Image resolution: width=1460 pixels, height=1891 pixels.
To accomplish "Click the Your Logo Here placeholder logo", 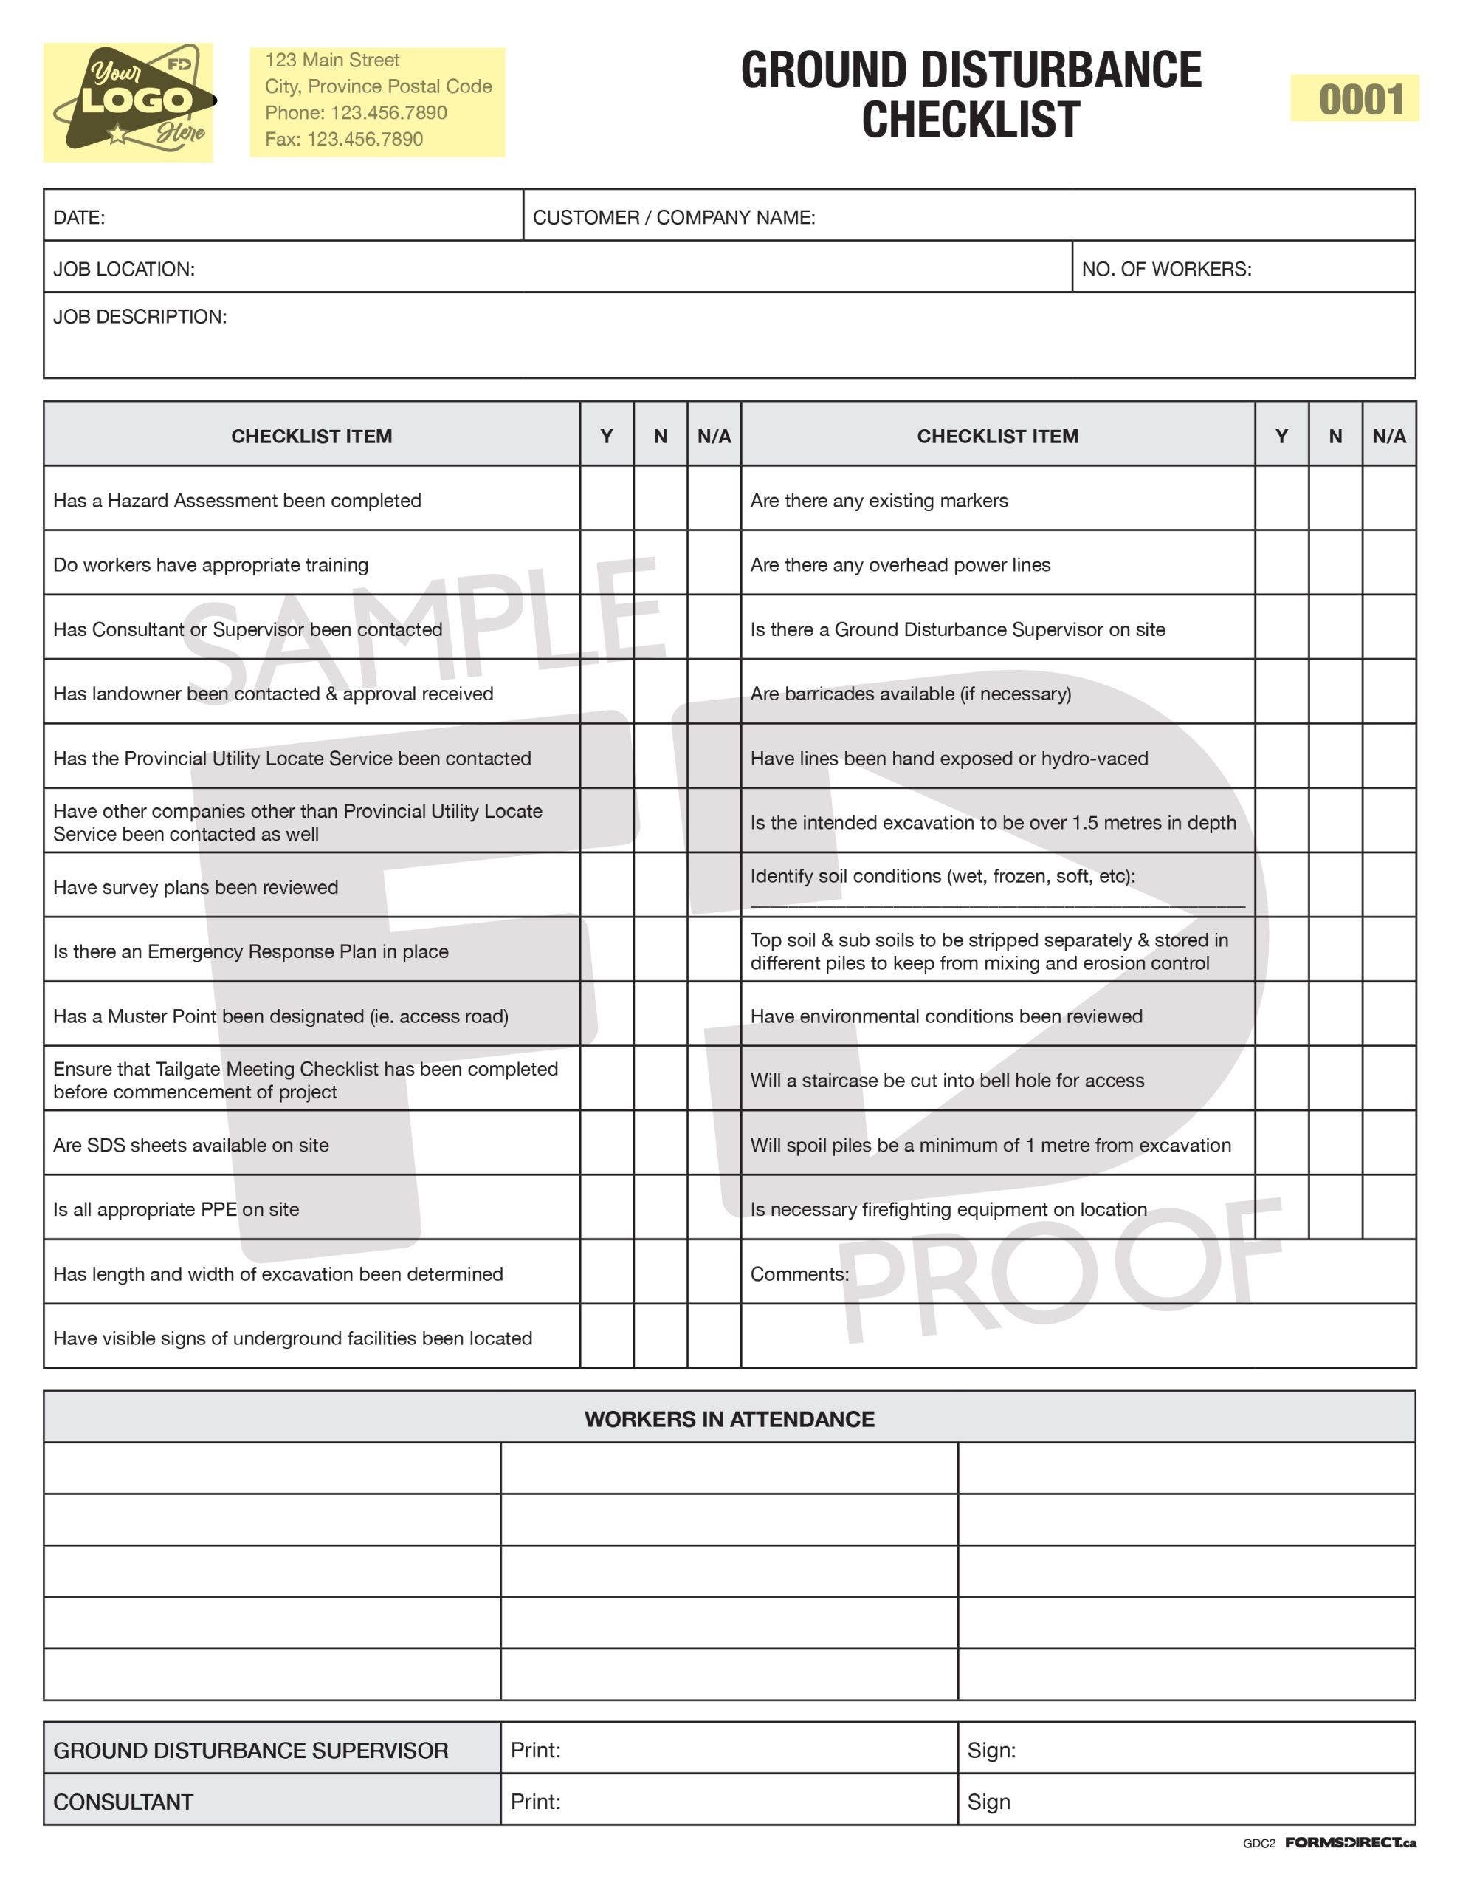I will pos(128,102).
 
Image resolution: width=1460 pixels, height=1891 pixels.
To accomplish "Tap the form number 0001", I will pos(1360,100).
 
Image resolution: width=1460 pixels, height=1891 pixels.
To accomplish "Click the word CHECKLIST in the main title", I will pos(970,120).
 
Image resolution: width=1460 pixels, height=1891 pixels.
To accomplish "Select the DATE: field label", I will pos(79,217).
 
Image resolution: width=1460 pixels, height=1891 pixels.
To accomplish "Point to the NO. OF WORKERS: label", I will pos(1165,270).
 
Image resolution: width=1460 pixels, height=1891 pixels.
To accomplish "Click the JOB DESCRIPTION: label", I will pos(140,317).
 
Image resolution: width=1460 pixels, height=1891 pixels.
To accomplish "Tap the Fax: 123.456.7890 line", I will pos(343,140).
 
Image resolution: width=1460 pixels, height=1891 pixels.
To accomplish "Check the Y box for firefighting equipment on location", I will pos(1281,1208).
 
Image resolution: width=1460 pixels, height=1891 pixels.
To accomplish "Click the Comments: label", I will pos(799,1273).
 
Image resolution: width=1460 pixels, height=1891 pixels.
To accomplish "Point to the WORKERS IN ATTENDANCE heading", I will pos(729,1419).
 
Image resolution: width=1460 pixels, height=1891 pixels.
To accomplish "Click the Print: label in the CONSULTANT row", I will pos(535,1802).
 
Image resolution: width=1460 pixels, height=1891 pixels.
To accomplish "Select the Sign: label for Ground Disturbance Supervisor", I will pos(991,1750).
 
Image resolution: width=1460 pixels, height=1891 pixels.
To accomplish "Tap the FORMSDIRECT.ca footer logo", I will pos(1349,1842).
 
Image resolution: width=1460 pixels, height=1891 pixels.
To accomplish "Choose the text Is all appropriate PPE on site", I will pos(176,1210).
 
